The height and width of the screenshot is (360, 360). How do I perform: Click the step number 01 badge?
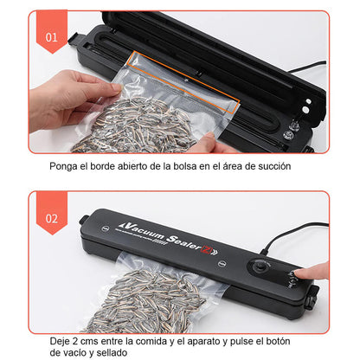(x=51, y=38)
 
